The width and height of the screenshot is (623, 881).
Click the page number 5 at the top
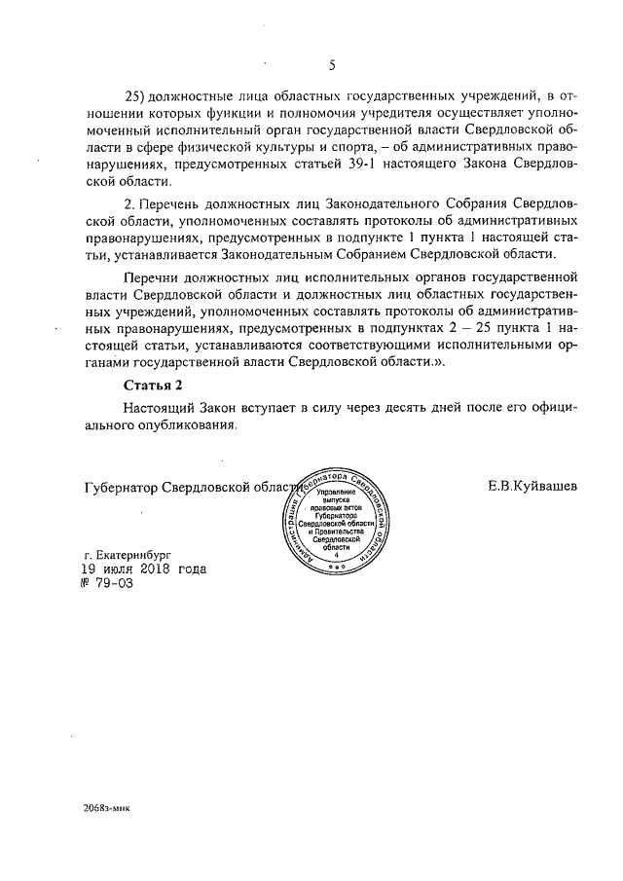click(332, 66)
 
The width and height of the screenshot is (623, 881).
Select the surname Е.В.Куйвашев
click(532, 485)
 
